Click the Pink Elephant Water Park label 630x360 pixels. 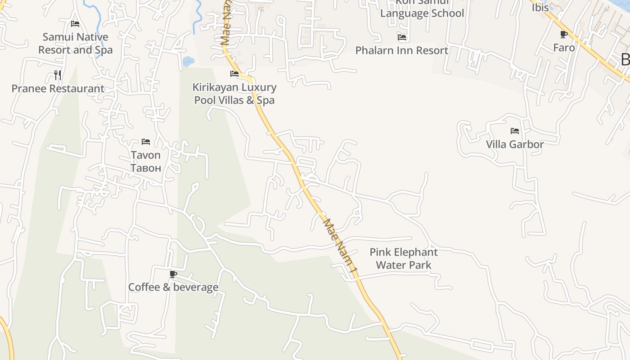click(404, 258)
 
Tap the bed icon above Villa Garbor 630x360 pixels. click(515, 131)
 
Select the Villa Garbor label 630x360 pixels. click(515, 144)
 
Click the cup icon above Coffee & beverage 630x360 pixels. click(173, 274)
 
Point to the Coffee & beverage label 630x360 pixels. click(173, 287)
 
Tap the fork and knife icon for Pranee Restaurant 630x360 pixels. click(58, 75)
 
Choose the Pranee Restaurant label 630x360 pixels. click(58, 89)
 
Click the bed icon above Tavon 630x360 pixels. click(146, 142)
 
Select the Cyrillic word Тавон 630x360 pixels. click(145, 168)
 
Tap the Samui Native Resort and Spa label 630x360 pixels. click(75, 43)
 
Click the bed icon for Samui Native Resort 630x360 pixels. click(75, 23)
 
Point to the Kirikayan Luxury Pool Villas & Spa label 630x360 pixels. click(234, 94)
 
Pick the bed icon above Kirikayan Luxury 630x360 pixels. click(234, 73)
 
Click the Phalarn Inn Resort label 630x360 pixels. click(402, 50)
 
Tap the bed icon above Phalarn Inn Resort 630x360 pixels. click(402, 37)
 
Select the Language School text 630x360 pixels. click(422, 13)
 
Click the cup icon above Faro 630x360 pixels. click(564, 34)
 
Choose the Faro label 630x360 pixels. click(564, 48)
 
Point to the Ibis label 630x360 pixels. click(540, 8)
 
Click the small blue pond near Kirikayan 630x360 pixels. click(189, 61)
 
